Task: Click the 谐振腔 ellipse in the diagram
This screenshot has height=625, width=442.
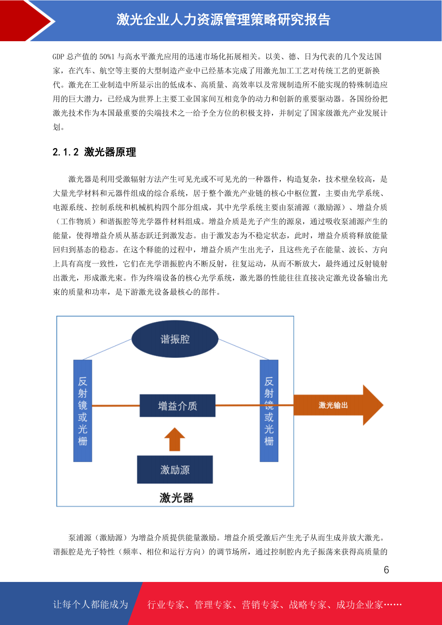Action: pos(175,339)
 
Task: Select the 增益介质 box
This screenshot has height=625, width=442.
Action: pos(177,405)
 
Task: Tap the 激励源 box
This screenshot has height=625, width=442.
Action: pos(175,469)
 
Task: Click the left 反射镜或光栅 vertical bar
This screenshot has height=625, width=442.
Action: pos(83,411)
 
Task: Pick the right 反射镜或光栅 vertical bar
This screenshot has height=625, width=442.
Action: pos(269,411)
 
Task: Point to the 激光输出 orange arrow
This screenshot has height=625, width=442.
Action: pos(338,405)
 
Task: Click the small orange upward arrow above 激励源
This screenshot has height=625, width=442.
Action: pos(175,439)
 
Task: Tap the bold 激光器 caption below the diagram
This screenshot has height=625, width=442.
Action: pos(176,498)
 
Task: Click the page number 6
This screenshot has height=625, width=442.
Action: pos(386,570)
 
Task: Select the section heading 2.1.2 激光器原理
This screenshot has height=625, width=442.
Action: pos(94,152)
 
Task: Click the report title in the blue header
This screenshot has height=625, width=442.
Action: pos(223,20)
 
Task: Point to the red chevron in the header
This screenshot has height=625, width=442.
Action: pos(26,21)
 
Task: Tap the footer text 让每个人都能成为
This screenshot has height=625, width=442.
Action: pos(91,604)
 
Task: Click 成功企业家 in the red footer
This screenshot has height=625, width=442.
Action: pos(359,604)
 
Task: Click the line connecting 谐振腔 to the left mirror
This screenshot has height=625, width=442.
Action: pos(107,349)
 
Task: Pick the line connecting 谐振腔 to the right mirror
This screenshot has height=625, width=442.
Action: pos(243,349)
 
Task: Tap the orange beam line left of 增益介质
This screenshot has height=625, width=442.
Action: pos(116,405)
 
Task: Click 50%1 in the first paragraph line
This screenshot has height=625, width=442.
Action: pos(107,57)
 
